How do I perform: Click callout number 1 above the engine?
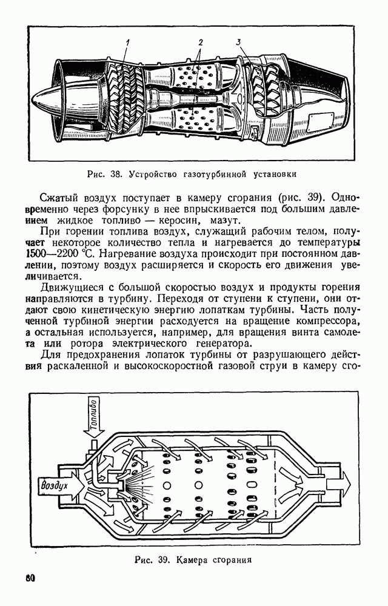129,42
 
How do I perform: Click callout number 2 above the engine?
200,42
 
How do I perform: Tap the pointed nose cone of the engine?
45,100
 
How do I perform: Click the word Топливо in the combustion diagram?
93,417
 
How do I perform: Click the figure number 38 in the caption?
116,174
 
